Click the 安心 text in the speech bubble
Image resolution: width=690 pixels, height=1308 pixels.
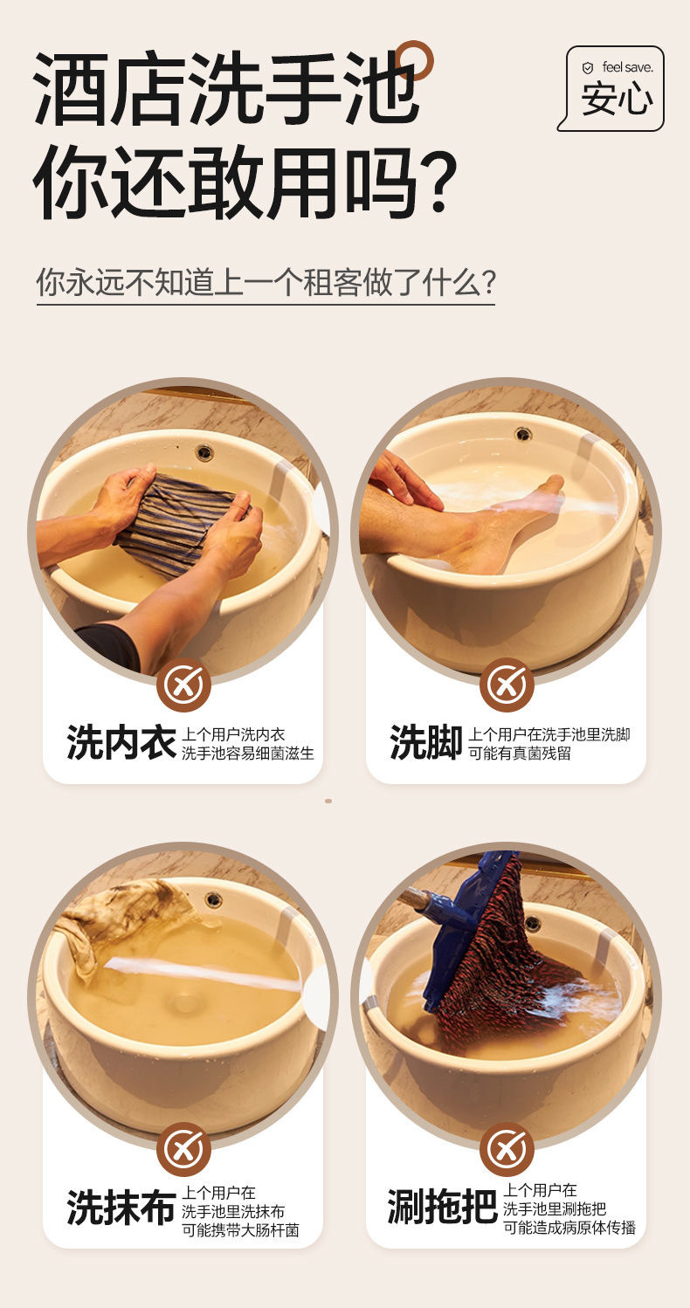click(x=617, y=100)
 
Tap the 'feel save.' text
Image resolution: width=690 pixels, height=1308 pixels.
click(x=627, y=67)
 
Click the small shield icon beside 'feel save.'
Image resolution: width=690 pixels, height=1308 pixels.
click(x=588, y=68)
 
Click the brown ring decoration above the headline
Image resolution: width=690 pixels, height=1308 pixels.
click(x=413, y=60)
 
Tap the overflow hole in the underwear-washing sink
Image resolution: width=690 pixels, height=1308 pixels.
click(x=204, y=451)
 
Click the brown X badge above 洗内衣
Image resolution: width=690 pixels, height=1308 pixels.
click(x=183, y=685)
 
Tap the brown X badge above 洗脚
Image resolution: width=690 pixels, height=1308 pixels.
click(x=507, y=685)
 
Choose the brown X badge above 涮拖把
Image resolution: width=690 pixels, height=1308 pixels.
click(x=507, y=1149)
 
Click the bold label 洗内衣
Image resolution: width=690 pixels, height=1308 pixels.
click(x=121, y=743)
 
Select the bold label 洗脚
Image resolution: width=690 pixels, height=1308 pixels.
click(x=426, y=743)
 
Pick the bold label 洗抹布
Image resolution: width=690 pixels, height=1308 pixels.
click(x=121, y=1207)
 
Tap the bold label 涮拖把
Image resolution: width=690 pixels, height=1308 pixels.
click(x=442, y=1207)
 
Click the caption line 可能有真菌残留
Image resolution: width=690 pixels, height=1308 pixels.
click(x=520, y=754)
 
